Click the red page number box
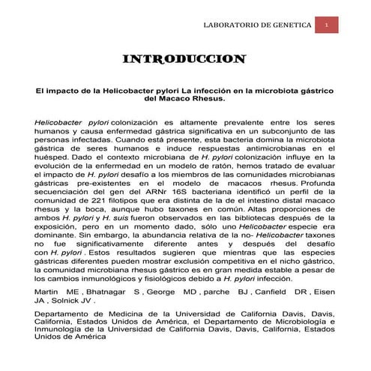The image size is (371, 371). pos(328,25)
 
